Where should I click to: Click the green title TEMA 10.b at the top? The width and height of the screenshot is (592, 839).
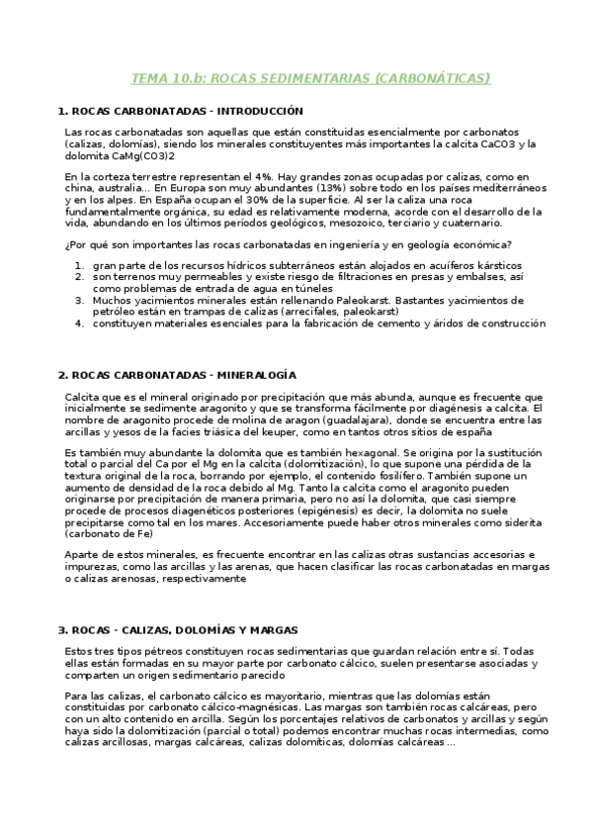(311, 78)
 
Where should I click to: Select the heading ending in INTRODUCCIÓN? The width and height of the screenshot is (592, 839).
(180, 111)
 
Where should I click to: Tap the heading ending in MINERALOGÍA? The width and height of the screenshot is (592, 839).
(177, 375)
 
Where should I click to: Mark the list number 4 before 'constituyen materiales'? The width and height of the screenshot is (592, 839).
(79, 324)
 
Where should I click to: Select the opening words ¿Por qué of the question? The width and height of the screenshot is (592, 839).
(85, 244)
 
